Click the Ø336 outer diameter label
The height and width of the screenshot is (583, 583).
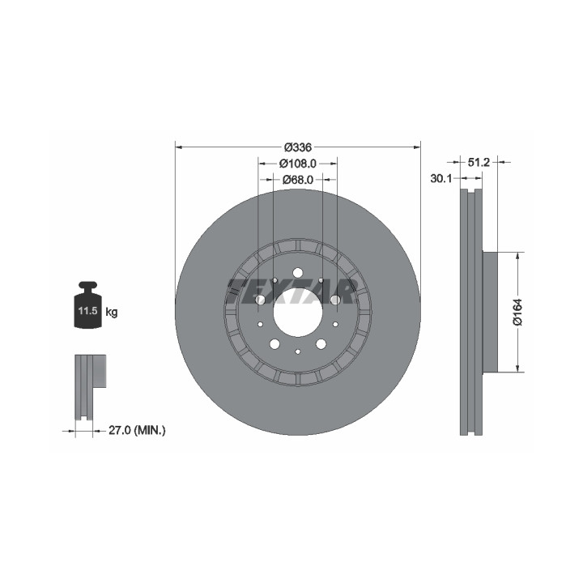tap(297, 147)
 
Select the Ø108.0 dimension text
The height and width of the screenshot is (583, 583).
tap(297, 164)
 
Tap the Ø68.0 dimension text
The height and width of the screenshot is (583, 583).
tap(297, 180)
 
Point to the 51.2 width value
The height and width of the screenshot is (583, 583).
tap(479, 162)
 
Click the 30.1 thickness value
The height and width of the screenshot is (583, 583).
tap(441, 178)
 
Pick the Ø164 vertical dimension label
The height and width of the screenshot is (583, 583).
tap(517, 312)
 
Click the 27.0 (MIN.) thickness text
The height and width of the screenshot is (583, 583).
tap(137, 431)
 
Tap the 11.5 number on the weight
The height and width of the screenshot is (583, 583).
tap(87, 311)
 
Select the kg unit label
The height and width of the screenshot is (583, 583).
tap(112, 313)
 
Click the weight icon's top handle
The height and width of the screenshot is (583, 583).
tap(87, 286)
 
